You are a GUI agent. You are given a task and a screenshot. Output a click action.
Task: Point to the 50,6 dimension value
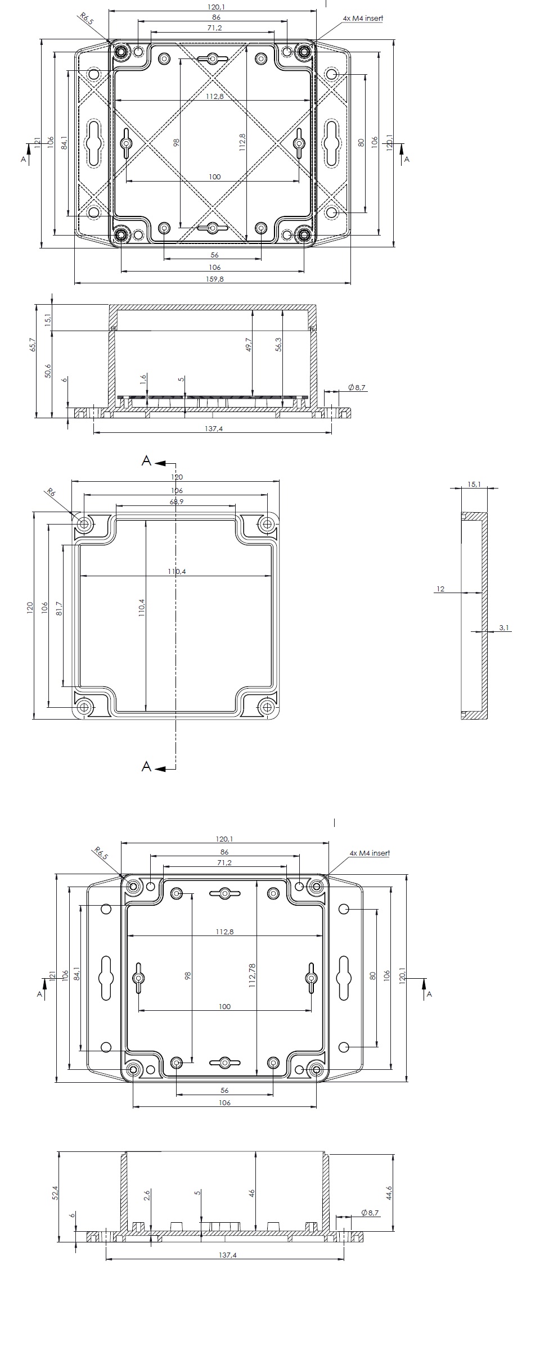[48, 371]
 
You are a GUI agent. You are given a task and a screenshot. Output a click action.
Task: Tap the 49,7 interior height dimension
[249, 345]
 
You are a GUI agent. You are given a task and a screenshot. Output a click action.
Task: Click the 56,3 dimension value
[278, 345]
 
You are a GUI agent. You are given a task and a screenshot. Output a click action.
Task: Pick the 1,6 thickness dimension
[143, 379]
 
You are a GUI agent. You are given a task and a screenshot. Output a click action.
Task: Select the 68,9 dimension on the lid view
[176, 501]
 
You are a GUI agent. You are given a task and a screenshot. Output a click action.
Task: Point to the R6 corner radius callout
[51, 492]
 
